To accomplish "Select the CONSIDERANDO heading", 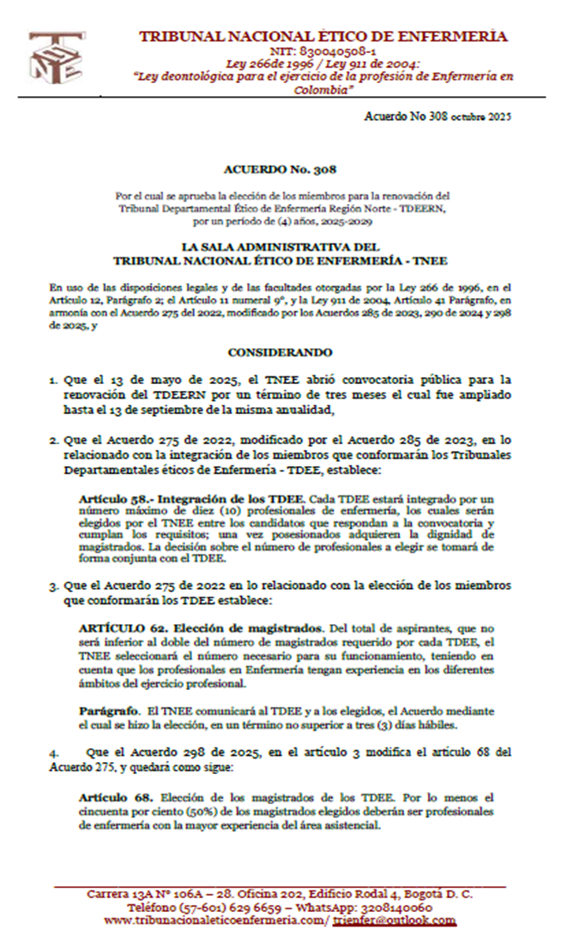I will [x=280, y=352].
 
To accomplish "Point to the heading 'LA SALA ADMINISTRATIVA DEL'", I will [x=280, y=247].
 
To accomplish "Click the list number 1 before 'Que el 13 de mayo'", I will [x=52, y=378].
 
